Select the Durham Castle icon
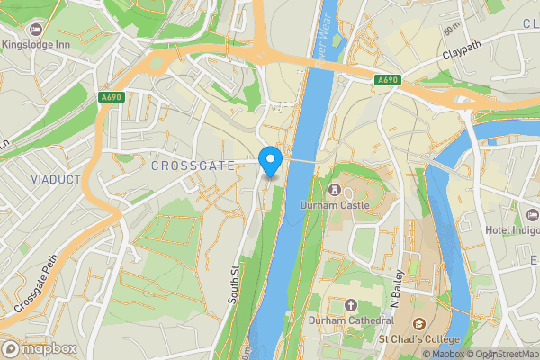334,190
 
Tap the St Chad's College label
419,338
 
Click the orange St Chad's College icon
418,323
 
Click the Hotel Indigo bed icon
532,215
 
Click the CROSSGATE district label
193,166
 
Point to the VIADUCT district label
56,179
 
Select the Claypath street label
463,55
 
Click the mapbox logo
40,349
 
